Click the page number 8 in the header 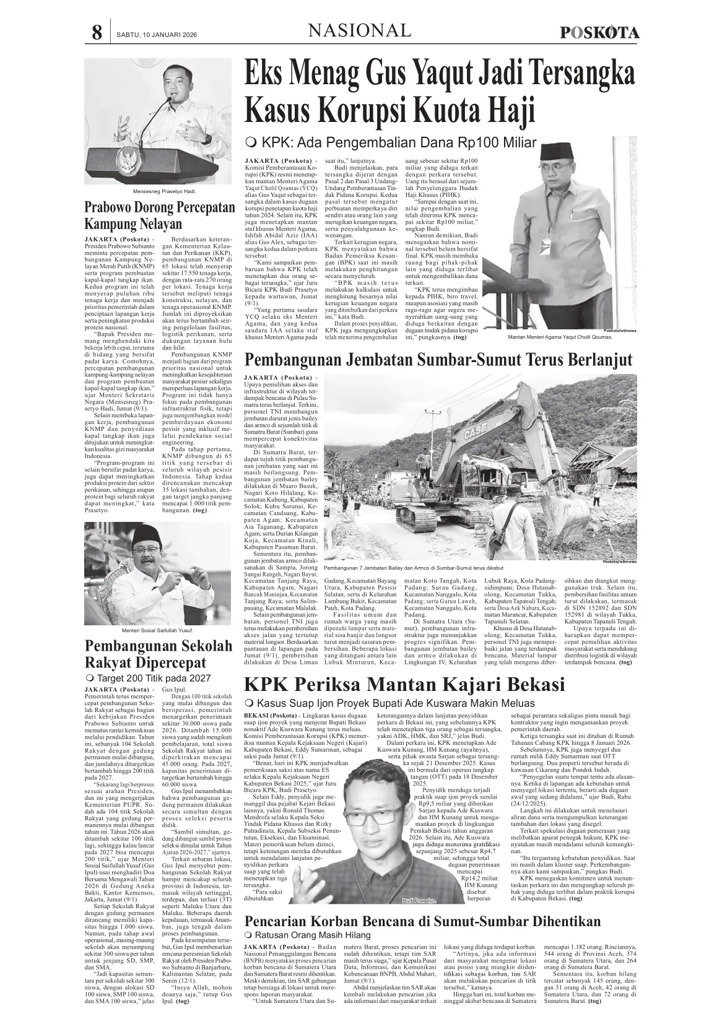[x=97, y=32]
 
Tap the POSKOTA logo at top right [x=599, y=33]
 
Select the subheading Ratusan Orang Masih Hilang [x=312, y=935]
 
